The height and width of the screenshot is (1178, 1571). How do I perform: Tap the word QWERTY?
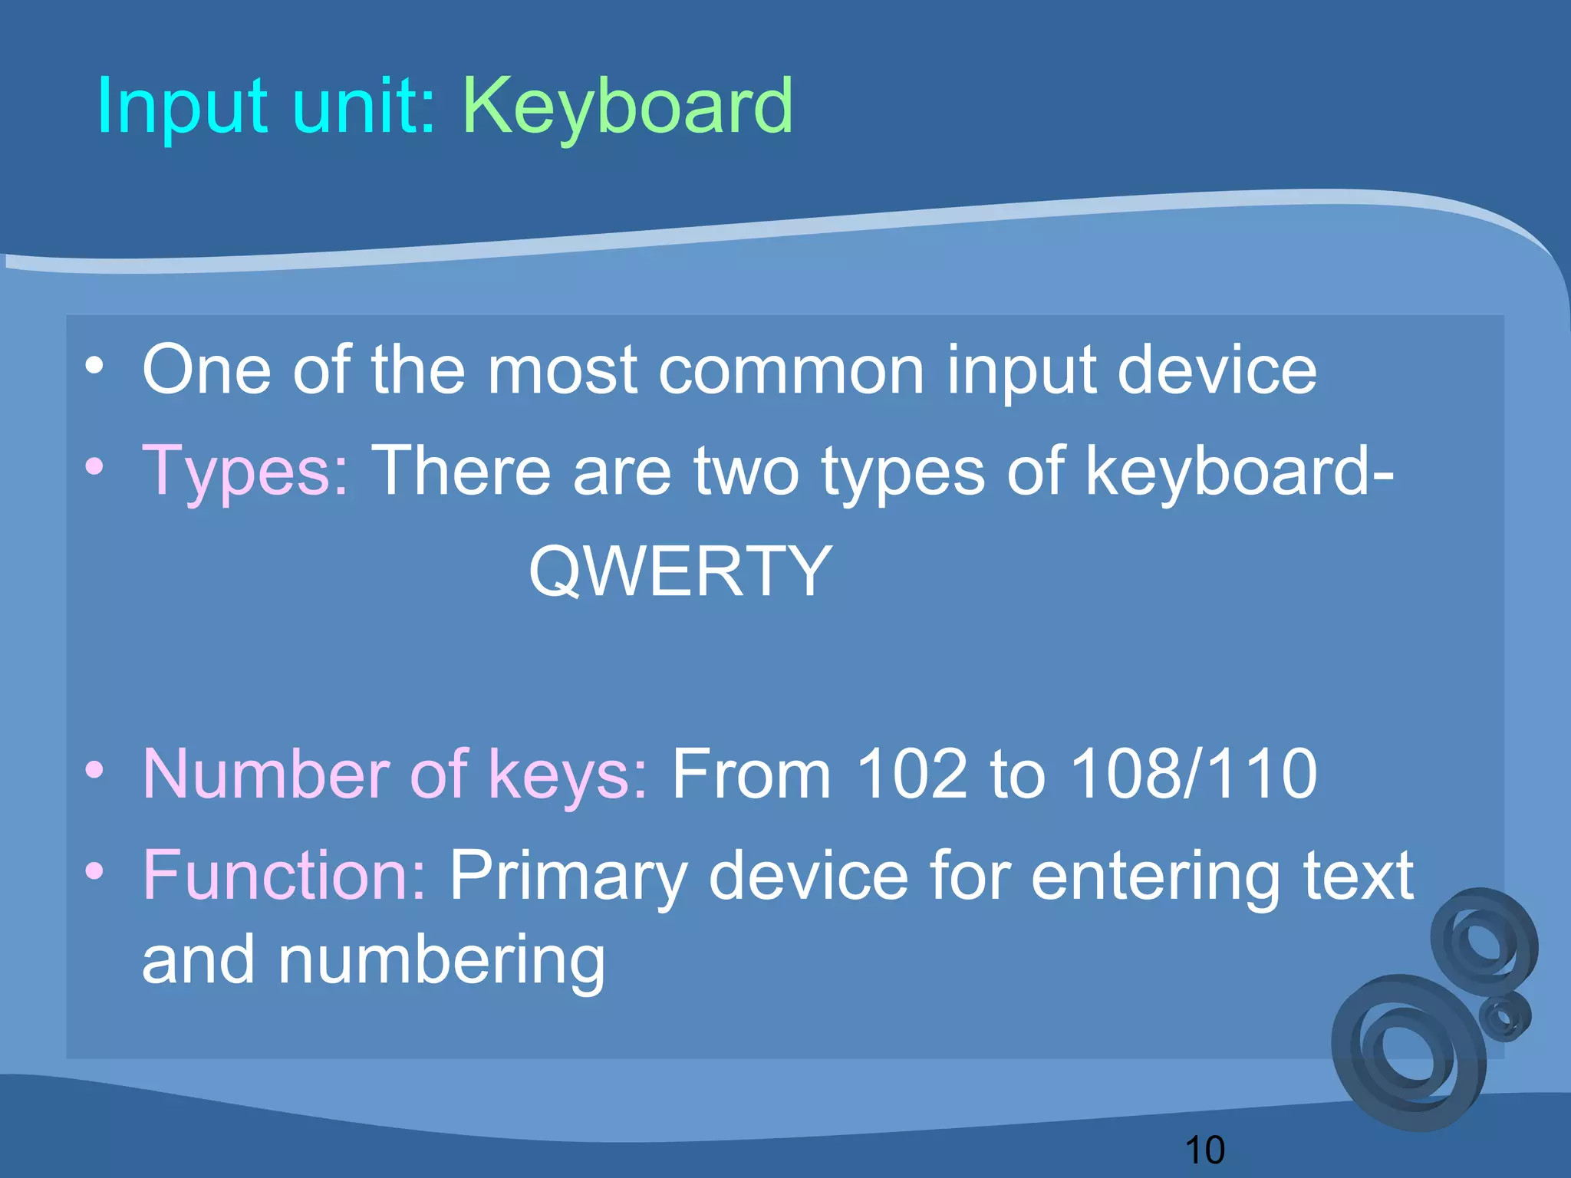tap(680, 571)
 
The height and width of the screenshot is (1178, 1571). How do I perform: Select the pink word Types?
tap(245, 471)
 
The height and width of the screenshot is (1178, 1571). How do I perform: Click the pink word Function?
tap(284, 875)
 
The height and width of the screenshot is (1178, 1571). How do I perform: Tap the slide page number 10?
tap(1204, 1150)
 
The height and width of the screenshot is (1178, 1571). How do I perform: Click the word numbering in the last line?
tap(442, 960)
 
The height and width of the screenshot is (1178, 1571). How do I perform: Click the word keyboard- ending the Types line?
tap(1239, 471)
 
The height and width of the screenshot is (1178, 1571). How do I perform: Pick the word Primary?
tap(568, 875)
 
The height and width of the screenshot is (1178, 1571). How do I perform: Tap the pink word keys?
tap(568, 775)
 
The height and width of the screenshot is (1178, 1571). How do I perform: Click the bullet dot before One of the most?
tap(94, 366)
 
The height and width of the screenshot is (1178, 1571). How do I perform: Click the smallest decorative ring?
tap(1505, 1017)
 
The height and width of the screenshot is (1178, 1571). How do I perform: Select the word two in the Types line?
tap(746, 471)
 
